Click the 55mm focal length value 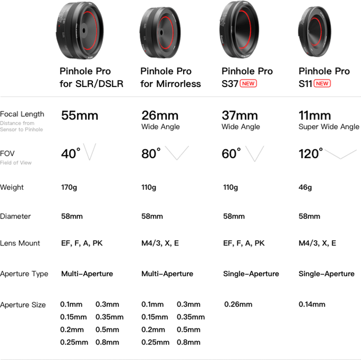pos(80,116)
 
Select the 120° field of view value pos(311,154)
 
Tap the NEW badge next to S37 pos(248,83)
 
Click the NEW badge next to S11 pos(322,83)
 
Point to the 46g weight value pos(305,188)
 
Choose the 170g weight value pos(69,188)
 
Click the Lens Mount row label pos(20,243)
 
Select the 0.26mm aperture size pos(238,304)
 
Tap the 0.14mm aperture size pos(312,304)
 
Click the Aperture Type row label pos(24,274)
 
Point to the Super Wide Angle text pos(329,127)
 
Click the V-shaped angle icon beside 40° pos(90,152)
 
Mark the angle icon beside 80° pos(177,153)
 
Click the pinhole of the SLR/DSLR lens pos(84,30)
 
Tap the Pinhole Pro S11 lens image pos(315,31)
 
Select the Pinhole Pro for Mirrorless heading pos(170,77)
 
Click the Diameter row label pos(15,216)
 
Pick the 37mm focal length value pos(239,116)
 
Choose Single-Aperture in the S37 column pos(251,274)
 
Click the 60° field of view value pos(231,154)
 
